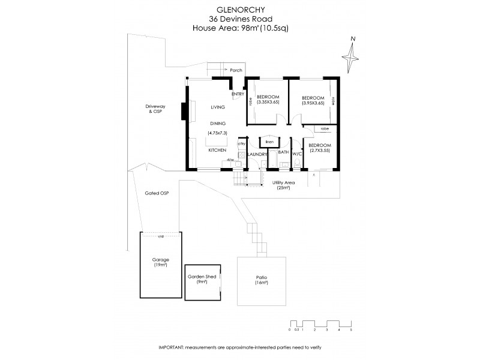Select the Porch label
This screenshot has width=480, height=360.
[x=236, y=70]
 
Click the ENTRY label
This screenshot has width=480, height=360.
[x=238, y=94]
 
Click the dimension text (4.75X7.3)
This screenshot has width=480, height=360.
[x=217, y=132]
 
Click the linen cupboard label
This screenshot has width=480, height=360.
[x=270, y=142]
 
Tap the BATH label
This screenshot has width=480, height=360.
[x=283, y=154]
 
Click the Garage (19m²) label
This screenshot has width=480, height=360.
[x=160, y=262]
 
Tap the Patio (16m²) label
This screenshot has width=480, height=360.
[x=260, y=279]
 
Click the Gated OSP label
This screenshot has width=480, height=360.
[x=156, y=193]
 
